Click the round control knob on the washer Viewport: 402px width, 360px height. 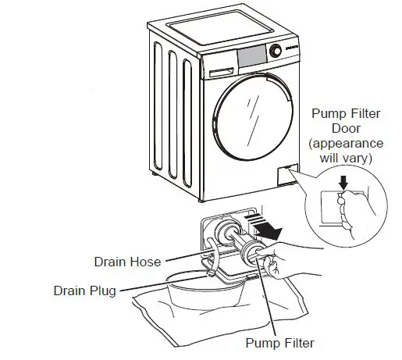[x=276, y=51]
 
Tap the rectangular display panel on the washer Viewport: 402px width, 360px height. [x=252, y=56]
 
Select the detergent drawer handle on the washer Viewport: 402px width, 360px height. [x=222, y=72]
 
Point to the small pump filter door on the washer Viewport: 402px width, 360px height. [x=288, y=175]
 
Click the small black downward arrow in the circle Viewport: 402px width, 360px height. [x=343, y=182]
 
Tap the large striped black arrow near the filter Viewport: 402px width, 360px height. [x=265, y=226]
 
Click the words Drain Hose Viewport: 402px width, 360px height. [x=127, y=262]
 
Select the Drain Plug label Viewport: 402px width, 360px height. [x=85, y=290]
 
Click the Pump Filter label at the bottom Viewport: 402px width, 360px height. [x=280, y=343]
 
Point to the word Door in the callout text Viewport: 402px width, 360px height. [x=346, y=128]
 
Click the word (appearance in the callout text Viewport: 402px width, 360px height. [x=346, y=144]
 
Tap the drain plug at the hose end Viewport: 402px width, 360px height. [x=211, y=273]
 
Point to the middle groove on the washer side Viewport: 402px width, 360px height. [x=173, y=115]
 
